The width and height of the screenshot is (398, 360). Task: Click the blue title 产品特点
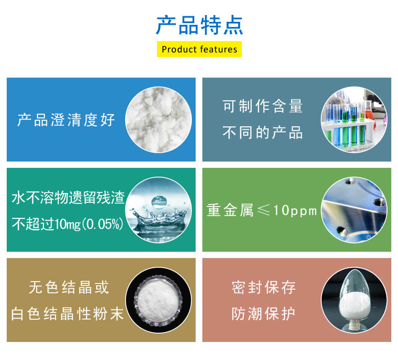(199, 25)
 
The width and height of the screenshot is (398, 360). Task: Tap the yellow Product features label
(199, 49)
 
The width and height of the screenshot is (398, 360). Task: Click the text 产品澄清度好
(66, 120)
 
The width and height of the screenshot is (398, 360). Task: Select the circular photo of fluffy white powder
(158, 120)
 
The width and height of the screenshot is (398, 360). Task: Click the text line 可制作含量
(263, 106)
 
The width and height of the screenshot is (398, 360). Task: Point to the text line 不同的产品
(263, 133)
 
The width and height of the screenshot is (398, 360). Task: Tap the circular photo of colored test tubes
(354, 120)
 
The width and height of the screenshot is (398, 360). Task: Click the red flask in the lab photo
(369, 111)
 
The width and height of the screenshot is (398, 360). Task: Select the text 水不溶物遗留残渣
(68, 197)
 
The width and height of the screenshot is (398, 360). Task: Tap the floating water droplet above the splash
(159, 202)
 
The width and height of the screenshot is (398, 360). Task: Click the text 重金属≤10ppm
(262, 210)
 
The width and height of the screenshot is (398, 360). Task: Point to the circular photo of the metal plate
(354, 210)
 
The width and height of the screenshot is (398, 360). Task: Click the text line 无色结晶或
(69, 287)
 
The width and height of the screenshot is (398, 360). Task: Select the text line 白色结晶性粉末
(67, 314)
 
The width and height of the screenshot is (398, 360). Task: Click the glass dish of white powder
(158, 300)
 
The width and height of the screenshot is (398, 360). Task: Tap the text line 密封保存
(264, 287)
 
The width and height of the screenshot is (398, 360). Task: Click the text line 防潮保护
(264, 314)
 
